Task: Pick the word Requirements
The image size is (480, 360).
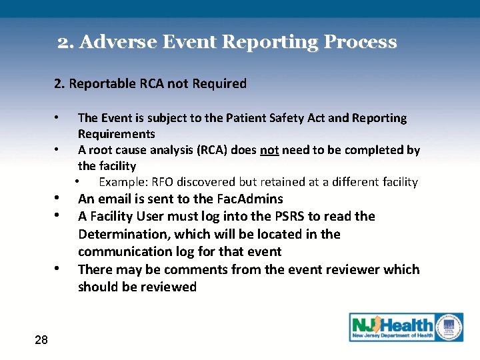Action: [x=116, y=133]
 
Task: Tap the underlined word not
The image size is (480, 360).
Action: [x=269, y=150]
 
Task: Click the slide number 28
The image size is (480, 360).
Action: [x=41, y=340]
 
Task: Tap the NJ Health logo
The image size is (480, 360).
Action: [x=406, y=327]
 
